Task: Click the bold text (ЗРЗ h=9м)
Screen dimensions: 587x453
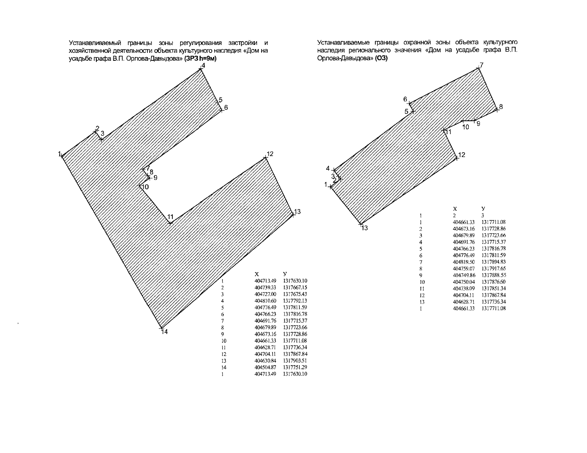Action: coord(200,59)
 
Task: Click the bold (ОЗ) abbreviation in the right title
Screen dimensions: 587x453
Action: coord(381,58)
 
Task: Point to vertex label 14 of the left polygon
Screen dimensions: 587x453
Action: coord(164,332)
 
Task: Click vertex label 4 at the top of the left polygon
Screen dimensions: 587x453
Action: coord(203,66)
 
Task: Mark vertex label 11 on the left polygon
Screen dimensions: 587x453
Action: coord(170,217)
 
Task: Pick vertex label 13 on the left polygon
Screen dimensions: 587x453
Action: coord(297,211)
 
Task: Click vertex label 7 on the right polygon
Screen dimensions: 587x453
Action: coord(482,65)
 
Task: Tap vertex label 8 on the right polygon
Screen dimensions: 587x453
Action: coord(501,107)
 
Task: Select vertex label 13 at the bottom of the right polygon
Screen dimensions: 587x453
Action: coord(364,228)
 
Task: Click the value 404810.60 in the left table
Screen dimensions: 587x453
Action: coord(265,301)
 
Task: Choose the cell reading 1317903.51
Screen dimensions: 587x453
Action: coord(295,361)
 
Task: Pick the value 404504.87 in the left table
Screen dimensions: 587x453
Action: coord(265,367)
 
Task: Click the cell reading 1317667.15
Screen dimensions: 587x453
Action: coord(295,288)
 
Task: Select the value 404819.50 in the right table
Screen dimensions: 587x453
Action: coord(463,262)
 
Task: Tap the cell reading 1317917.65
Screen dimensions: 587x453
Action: coord(494,268)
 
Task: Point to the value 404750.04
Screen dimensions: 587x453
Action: coord(463,282)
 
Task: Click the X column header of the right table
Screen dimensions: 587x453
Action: coord(455,209)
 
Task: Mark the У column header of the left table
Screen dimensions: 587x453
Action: coord(285,274)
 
